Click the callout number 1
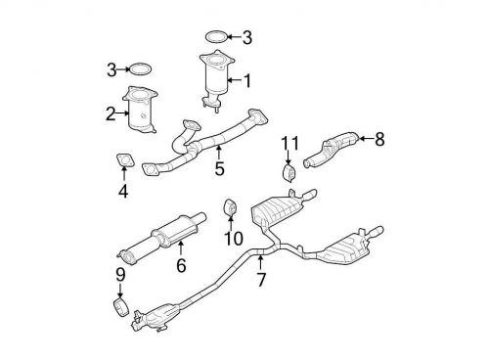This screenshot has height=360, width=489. click(247, 80)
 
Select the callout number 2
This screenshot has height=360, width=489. click(111, 112)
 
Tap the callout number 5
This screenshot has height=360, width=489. click(219, 167)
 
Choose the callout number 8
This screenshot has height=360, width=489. click(379, 140)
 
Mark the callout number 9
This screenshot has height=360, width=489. click(119, 276)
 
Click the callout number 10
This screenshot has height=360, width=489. click(232, 238)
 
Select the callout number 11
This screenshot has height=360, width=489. click(288, 145)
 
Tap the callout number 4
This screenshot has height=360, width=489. click(123, 192)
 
